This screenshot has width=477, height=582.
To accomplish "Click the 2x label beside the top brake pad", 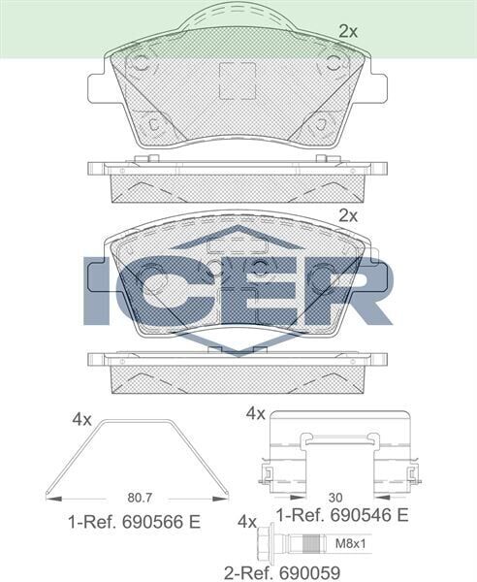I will (347, 31).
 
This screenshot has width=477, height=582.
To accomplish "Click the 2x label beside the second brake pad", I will (347, 215).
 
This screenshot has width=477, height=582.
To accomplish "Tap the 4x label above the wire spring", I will (81, 419).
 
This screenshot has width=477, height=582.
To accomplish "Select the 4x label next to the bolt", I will (246, 521).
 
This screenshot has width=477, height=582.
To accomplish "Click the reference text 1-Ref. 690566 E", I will (134, 522).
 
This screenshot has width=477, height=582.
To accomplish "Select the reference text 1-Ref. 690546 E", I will (341, 514).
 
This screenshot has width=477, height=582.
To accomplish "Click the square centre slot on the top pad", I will (238, 80).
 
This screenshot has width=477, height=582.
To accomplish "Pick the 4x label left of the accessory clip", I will (255, 413).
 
